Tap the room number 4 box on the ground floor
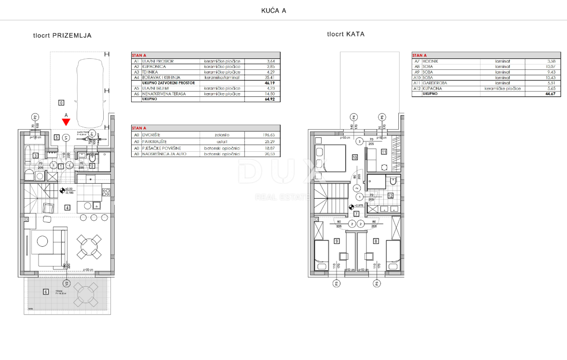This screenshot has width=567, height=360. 67,208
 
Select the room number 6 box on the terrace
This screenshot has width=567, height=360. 46,291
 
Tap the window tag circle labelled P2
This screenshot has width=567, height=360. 35,117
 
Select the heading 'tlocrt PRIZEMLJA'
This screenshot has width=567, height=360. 62,36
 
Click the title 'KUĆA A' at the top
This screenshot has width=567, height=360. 273,11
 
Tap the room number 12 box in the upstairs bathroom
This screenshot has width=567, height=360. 391,196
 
